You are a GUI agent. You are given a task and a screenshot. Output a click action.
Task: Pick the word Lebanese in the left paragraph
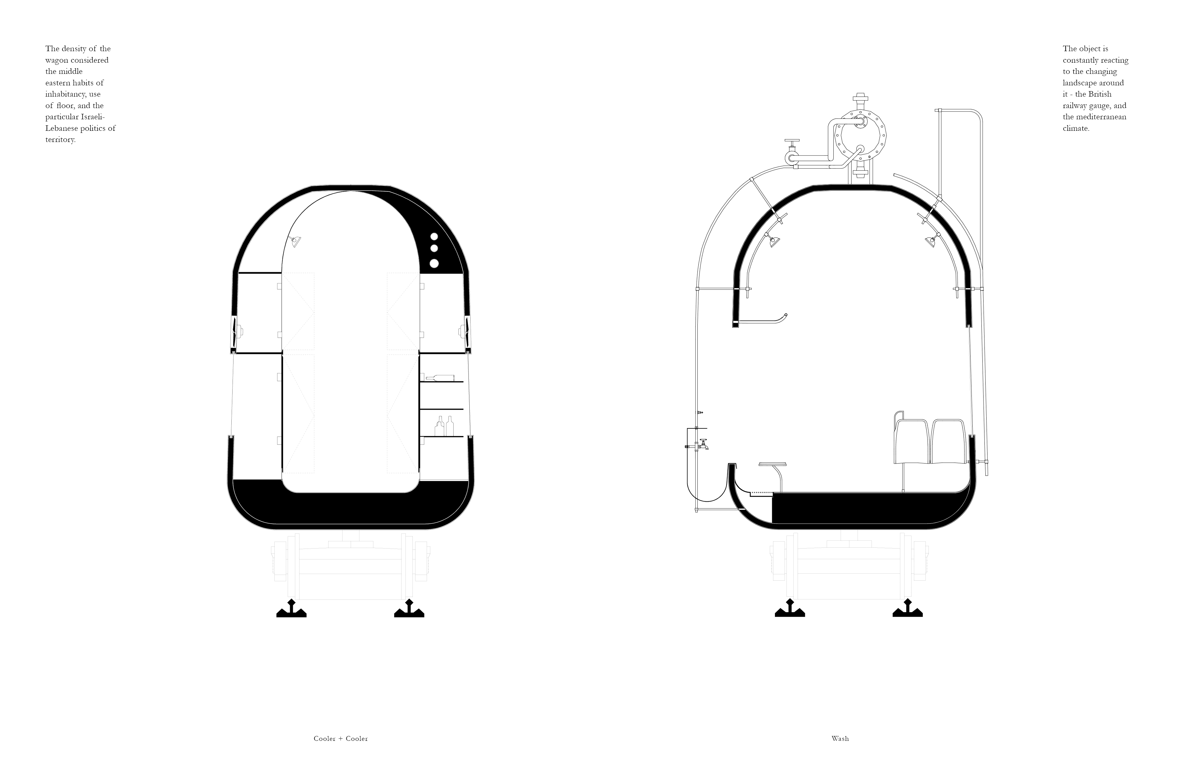tap(61, 128)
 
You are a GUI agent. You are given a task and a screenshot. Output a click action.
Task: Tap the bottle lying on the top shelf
tap(440, 378)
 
